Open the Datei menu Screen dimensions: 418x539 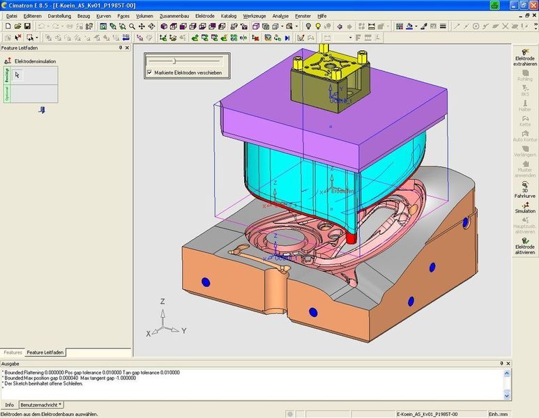[11, 15]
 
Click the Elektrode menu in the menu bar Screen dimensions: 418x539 [205, 15]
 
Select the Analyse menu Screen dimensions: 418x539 [280, 15]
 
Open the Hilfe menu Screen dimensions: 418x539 [321, 15]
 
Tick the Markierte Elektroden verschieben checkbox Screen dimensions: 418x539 [150, 72]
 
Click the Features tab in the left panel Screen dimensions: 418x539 [13, 353]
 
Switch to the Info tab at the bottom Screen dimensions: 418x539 [9, 405]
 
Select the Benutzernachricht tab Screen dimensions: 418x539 [40, 405]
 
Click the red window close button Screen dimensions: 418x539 [532, 4]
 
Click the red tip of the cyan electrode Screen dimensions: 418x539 [351, 238]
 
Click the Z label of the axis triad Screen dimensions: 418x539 [162, 302]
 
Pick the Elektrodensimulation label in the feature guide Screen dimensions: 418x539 [35, 61]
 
